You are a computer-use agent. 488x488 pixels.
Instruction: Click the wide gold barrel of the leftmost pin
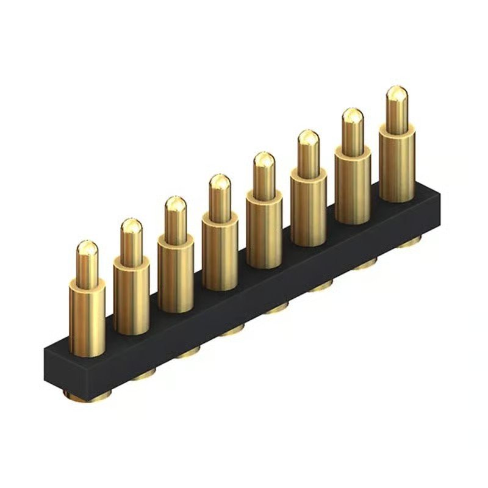point(87,317)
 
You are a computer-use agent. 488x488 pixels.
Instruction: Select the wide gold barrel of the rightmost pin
point(397,162)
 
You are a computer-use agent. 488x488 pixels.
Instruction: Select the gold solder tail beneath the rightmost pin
point(407,243)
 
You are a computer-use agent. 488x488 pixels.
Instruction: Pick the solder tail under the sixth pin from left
point(320,286)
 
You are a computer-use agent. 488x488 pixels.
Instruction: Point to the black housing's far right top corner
point(438,190)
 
